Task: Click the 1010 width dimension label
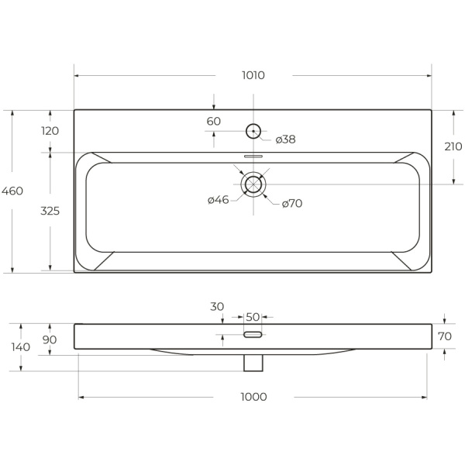point(253,75)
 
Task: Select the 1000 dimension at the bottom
point(253,397)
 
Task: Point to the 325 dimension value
point(50,210)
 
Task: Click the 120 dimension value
point(50,131)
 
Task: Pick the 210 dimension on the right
point(453,146)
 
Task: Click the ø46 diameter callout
point(218,201)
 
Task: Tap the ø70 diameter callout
point(291,203)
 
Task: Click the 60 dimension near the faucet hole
point(214,121)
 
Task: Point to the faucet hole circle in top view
point(253,130)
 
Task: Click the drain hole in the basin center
point(253,184)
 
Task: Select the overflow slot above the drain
point(253,155)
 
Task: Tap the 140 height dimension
point(22,346)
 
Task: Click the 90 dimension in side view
point(49,339)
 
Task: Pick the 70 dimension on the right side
point(444,336)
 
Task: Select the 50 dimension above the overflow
point(253,316)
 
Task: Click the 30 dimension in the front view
point(216,307)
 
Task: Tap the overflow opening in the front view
point(253,335)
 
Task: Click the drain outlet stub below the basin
point(253,363)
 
